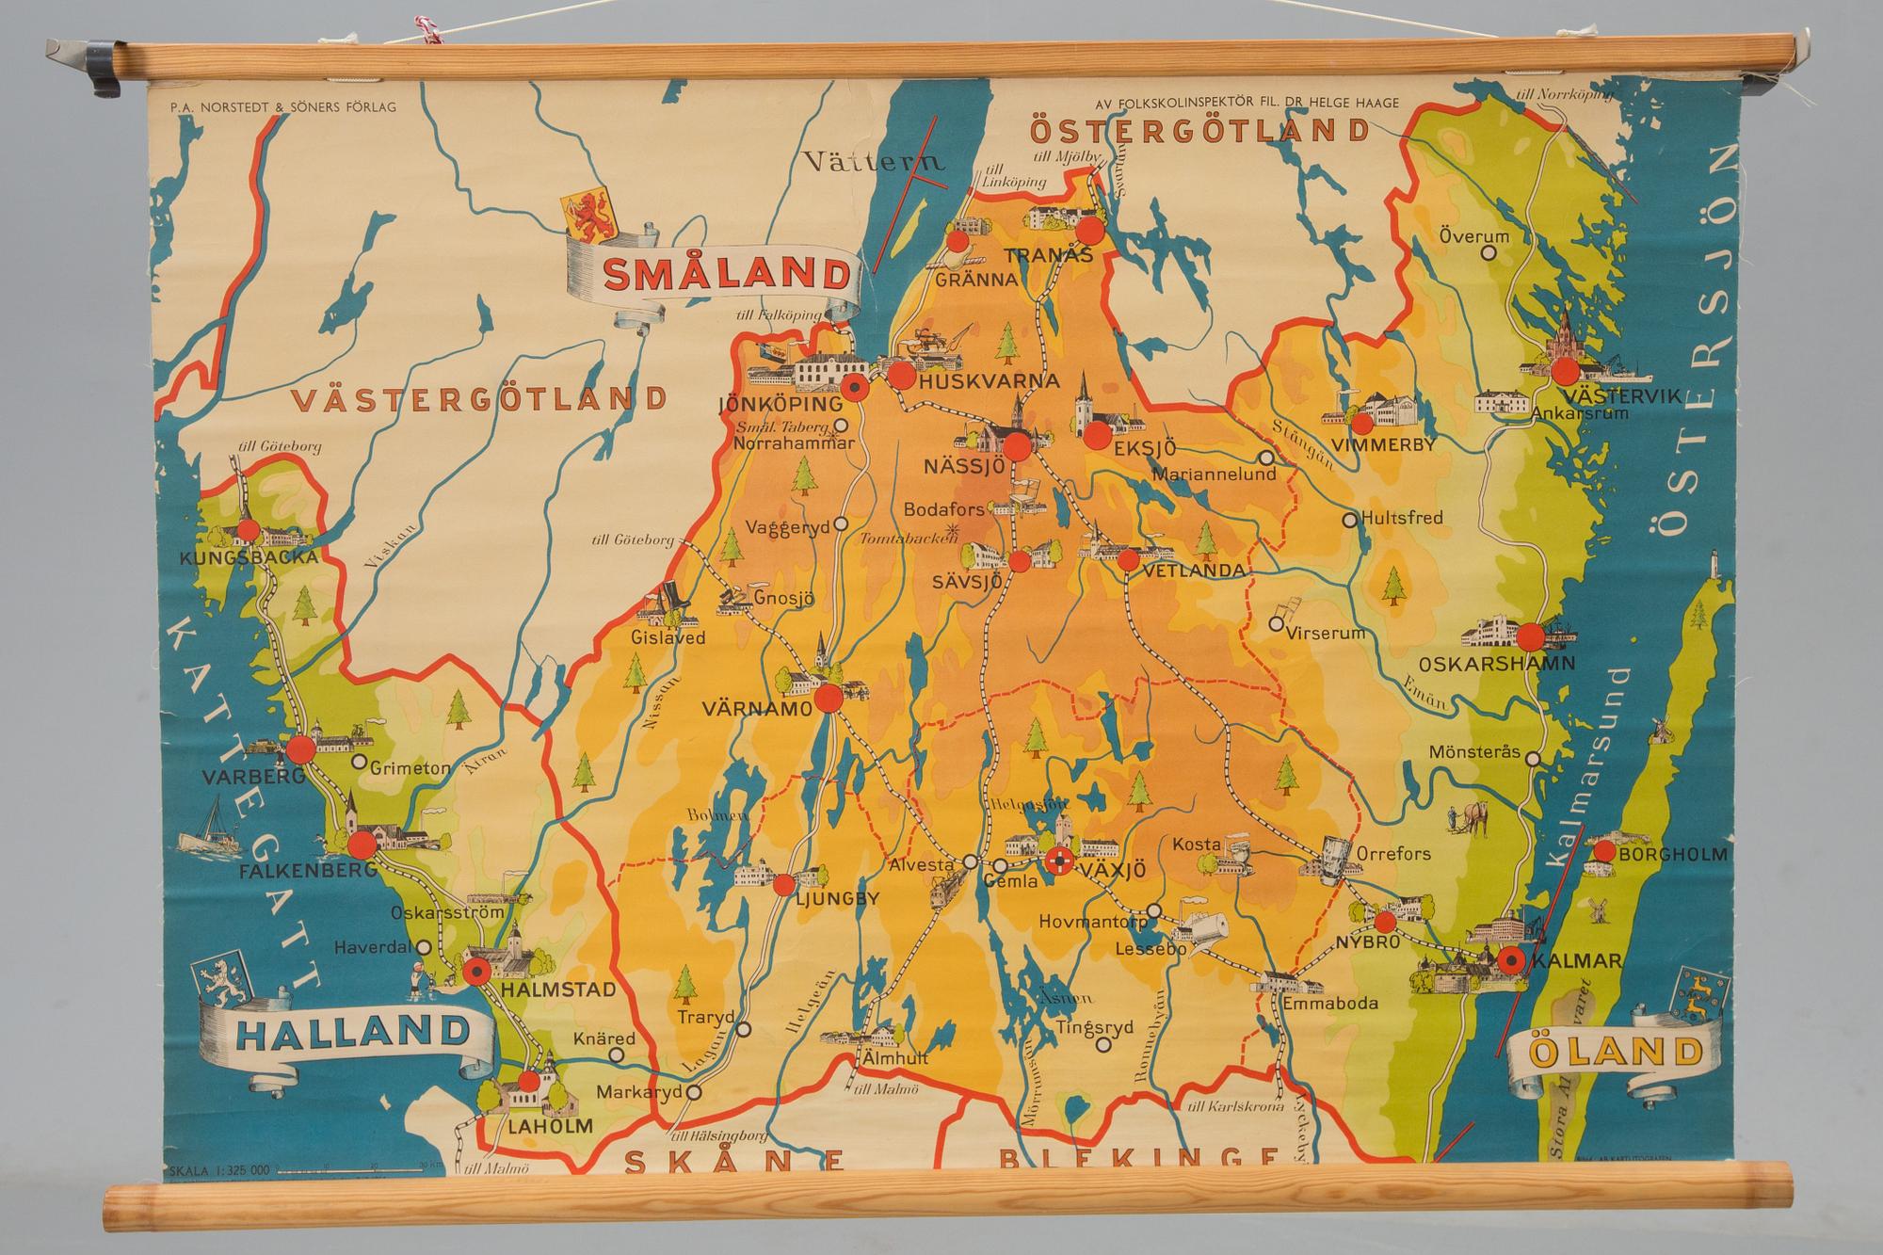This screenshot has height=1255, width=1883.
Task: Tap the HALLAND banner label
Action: click(x=350, y=1032)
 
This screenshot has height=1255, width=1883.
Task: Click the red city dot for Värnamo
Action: click(x=829, y=698)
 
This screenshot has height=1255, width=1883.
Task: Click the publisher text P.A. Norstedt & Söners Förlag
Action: click(x=279, y=107)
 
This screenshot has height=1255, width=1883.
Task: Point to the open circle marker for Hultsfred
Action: click(x=1349, y=519)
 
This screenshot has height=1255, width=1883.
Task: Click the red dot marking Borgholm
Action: click(x=1604, y=853)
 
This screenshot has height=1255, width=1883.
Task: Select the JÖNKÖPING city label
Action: click(x=779, y=404)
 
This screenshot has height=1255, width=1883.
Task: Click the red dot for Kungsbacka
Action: click(x=248, y=530)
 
